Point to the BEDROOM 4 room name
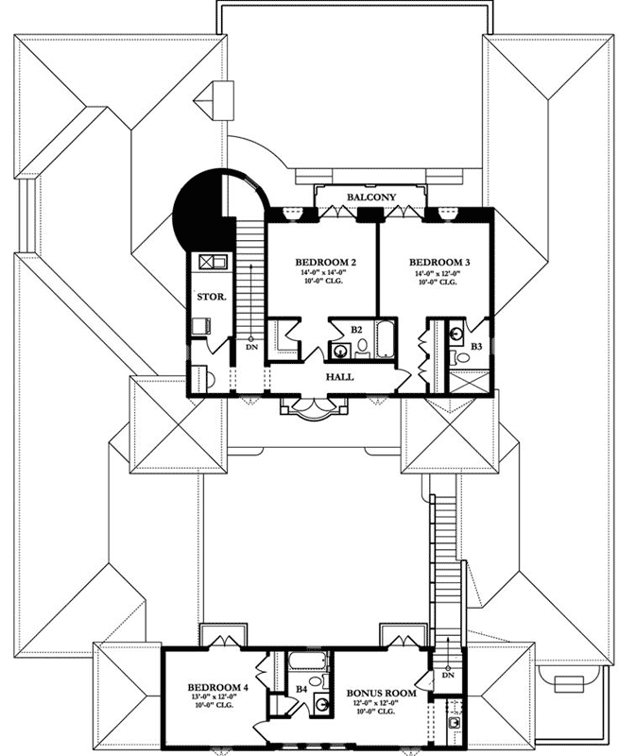coord(216,687)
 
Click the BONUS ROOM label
coord(386,693)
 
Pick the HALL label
coord(340,376)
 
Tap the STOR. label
coord(210,297)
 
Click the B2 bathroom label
coord(357,329)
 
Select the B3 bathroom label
coord(476,348)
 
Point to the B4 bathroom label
coord(301,690)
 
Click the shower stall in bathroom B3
coord(470,382)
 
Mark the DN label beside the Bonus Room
coord(449,675)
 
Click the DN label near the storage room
coord(250,347)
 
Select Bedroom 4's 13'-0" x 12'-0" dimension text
coord(216,698)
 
